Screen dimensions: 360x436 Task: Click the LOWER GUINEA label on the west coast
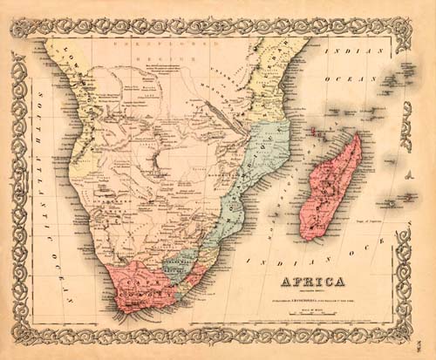[x=68, y=70]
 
